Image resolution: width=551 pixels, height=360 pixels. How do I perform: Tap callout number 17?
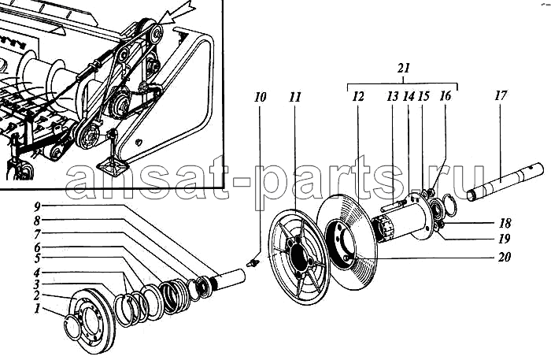[501, 95]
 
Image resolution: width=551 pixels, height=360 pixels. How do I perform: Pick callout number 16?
[446, 96]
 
